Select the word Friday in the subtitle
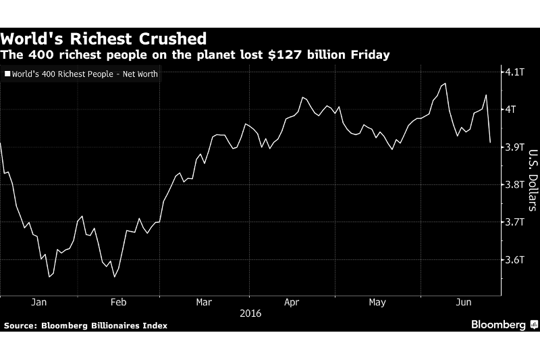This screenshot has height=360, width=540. click(367, 55)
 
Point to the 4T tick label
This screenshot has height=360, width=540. click(512, 109)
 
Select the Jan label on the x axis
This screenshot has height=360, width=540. click(40, 303)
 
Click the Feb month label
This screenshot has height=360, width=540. click(119, 303)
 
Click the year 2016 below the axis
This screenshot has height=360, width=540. click(249, 313)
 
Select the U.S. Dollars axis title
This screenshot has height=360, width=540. click(533, 180)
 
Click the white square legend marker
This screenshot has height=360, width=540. click(7, 74)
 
